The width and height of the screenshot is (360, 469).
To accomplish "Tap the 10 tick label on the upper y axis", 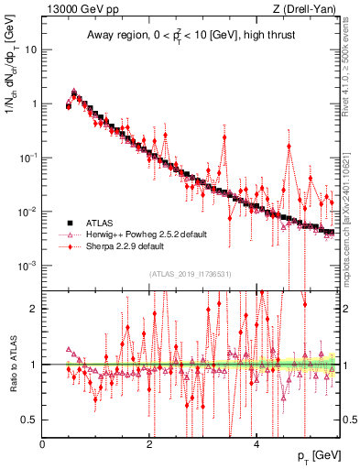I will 31,49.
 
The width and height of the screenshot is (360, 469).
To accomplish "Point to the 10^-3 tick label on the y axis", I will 27,266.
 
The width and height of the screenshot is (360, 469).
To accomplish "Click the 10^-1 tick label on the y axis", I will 27,158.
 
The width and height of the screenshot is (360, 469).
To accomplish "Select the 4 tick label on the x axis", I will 256,444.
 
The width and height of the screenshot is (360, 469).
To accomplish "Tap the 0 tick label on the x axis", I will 43,444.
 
